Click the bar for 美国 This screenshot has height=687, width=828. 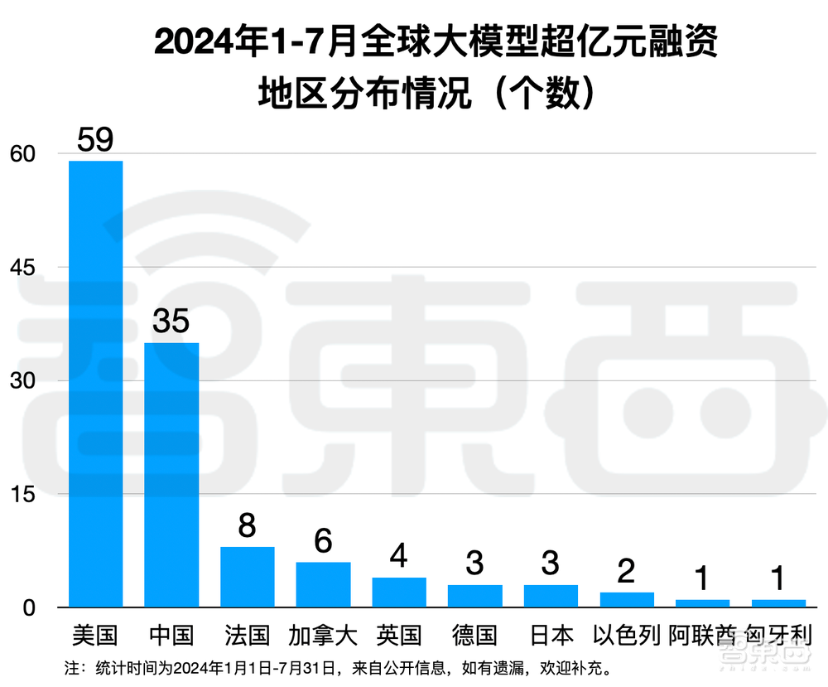point(95,384)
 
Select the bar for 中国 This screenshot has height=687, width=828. point(171,475)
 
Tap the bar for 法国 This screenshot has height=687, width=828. point(247,577)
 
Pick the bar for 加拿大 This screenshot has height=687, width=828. point(323,584)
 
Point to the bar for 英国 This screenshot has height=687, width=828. point(399,592)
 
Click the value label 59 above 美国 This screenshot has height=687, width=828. point(95,139)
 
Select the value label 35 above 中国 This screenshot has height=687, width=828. point(171,322)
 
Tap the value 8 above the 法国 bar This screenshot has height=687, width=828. point(247,526)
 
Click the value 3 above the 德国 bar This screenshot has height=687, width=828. point(475,564)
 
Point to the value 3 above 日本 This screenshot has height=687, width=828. point(551,564)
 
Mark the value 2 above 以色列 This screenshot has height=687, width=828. point(627,572)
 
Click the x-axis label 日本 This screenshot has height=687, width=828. point(551,636)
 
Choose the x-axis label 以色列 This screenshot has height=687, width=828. point(627,636)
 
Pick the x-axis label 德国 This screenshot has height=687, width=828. point(475,636)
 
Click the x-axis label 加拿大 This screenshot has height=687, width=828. point(323,636)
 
